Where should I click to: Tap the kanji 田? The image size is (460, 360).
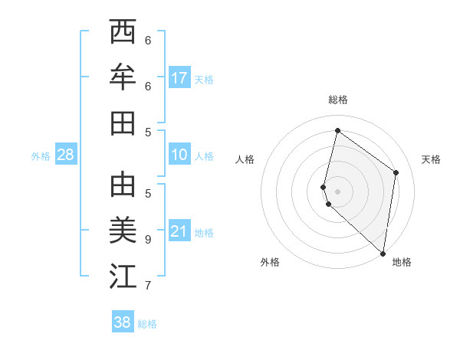point(123,123)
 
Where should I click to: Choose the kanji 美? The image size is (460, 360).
point(123,231)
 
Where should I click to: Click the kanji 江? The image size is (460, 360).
point(123,277)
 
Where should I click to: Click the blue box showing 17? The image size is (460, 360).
point(179,77)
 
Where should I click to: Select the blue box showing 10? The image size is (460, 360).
point(179,155)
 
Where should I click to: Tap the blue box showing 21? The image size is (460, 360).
point(179,231)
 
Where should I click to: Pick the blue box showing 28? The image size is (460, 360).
point(66,155)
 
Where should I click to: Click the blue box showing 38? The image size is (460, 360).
point(123,322)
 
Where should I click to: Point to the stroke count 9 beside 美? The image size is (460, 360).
point(148,239)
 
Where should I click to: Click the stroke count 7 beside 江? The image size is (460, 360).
point(148,286)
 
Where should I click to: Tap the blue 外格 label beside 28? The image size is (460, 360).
point(41,155)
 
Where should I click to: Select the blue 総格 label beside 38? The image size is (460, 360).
point(147,324)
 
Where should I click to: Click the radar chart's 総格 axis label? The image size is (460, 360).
point(338,100)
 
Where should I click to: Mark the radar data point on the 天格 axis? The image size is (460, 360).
point(396,172)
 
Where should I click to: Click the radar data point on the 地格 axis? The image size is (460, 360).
point(383,253)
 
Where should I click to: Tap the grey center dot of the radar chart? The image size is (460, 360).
point(338,191)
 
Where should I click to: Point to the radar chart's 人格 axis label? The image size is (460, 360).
point(245,159)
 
